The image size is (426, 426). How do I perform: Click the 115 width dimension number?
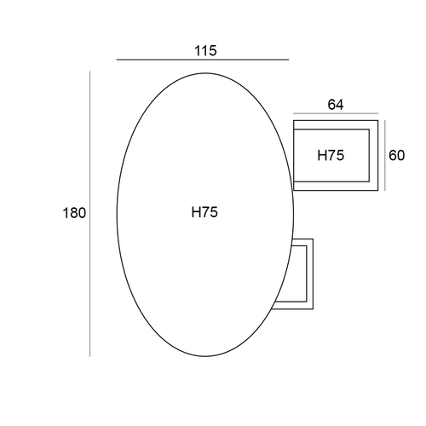coord(205,51)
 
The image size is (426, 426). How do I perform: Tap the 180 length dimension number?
coord(74,213)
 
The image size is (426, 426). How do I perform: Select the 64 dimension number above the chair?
coord(336,105)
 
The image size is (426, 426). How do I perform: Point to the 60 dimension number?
coord(396,155)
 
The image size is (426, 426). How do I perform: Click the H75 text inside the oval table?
coord(204,212)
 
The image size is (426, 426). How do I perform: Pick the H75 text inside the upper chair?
coord(331,155)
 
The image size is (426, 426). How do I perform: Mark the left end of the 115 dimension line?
coord(117,60)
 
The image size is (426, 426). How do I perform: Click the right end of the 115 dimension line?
coord(289,60)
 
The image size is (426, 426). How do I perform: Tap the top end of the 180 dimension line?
coord(90,71)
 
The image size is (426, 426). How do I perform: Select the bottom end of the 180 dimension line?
coord(90,356)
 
